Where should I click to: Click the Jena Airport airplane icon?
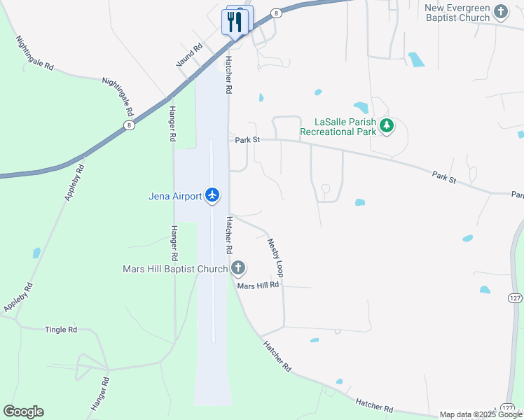213,196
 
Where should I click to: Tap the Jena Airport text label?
175,196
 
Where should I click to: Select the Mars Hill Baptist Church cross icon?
238,268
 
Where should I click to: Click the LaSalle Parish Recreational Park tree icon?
387,126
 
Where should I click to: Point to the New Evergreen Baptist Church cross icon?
500,12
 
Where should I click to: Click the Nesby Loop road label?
275,256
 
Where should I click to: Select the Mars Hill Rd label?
258,285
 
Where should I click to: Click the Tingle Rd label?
61,330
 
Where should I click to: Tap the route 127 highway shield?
516,298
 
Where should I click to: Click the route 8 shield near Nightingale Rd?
130,125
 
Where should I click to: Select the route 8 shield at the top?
277,13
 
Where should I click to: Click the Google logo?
23,412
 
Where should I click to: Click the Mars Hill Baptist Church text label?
175,269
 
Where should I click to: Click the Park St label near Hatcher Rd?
247,140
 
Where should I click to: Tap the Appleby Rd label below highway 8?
75,183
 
